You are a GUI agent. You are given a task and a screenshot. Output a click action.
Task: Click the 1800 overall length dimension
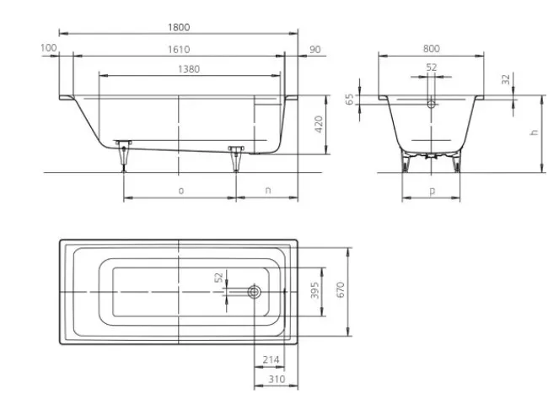click(179, 27)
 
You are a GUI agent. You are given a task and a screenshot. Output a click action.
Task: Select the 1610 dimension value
click(179, 49)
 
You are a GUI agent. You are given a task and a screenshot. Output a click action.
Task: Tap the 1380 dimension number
click(189, 69)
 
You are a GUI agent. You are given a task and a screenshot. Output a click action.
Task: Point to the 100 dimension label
click(49, 47)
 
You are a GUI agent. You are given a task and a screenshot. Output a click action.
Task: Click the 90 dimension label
click(314, 49)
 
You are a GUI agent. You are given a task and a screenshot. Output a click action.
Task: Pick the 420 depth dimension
click(319, 124)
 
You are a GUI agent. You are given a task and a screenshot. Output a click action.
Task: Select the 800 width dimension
click(432, 49)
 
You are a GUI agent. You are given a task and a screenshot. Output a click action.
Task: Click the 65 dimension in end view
click(350, 100)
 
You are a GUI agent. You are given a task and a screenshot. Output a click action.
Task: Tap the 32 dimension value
click(506, 78)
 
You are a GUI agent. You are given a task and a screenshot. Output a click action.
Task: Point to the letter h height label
click(534, 132)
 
